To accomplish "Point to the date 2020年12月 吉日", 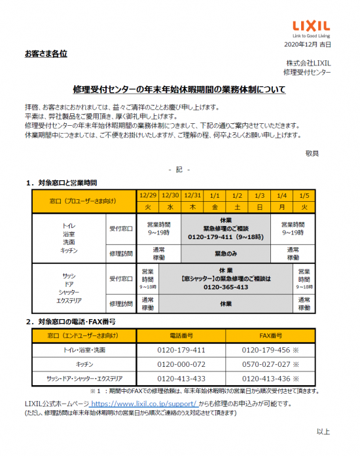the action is point(308,44).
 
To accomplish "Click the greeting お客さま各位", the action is point(46,52).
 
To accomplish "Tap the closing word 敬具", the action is point(312,153).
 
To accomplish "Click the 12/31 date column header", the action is point(192,195).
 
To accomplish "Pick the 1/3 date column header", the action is point(259,195).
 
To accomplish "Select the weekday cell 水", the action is point(170,207).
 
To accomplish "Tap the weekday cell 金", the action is point(215,207).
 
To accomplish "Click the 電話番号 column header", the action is point(181,335).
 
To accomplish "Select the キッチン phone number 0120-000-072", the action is point(181,364).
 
